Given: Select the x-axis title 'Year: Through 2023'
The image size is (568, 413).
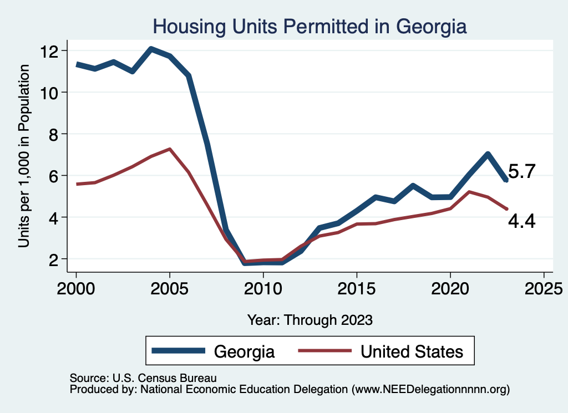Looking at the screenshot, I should (x=310, y=320).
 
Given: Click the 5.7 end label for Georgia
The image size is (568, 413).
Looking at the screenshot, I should (x=521, y=172).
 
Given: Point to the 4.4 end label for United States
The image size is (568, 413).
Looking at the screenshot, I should (x=521, y=222).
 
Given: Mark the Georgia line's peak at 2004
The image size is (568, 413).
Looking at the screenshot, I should (x=151, y=49).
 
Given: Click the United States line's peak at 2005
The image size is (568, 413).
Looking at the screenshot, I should (x=170, y=149).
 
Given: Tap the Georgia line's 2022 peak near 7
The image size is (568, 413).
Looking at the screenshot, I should (x=488, y=154).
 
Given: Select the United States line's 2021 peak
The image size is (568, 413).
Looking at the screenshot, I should (x=469, y=192).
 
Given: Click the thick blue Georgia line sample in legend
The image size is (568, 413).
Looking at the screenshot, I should (x=178, y=351).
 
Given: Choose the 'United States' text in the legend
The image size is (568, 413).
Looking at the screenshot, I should (x=412, y=351).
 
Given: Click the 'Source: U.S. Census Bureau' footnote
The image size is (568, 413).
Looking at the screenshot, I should (x=143, y=378).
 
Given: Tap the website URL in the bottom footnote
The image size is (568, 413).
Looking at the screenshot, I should (x=431, y=389).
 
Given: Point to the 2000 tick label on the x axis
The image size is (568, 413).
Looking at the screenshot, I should (x=76, y=289).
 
